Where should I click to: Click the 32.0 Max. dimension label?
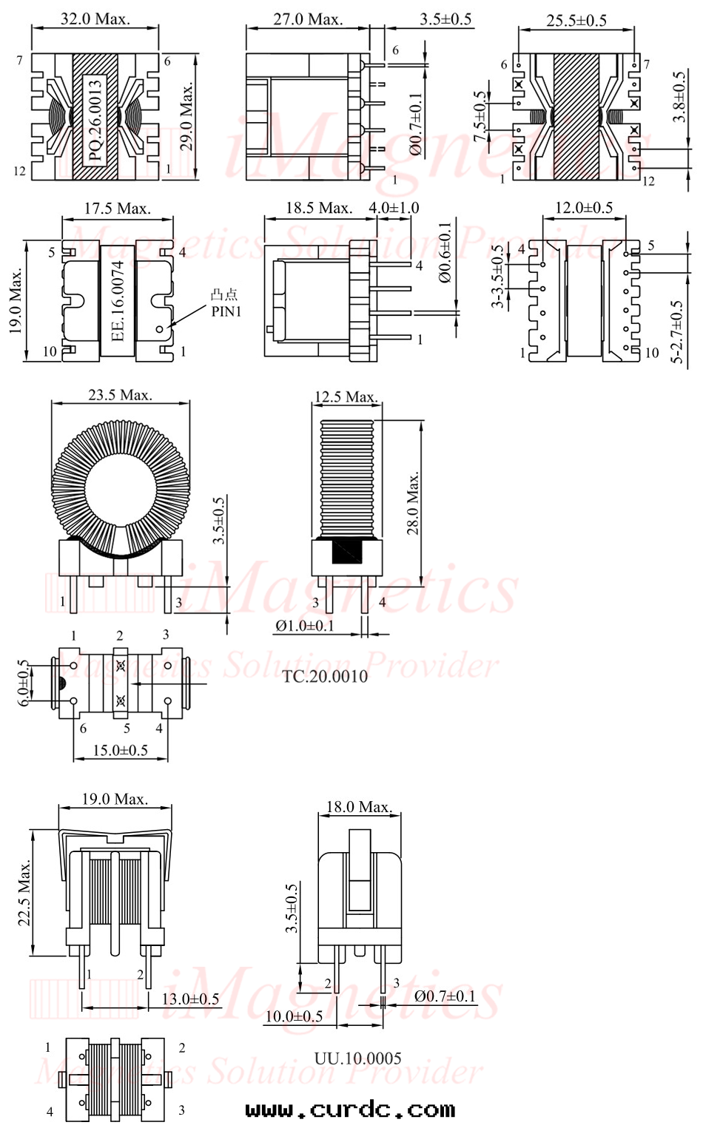pyautogui.click(x=95, y=19)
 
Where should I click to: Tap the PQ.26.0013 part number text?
pyautogui.click(x=95, y=120)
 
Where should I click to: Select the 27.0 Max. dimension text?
pyautogui.click(x=308, y=19)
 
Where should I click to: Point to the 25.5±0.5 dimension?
pyautogui.click(x=576, y=20)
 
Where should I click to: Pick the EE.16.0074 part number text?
pyautogui.click(x=118, y=301)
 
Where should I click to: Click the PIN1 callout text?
pyautogui.click(x=226, y=311)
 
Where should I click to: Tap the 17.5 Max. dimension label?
pyautogui.click(x=118, y=208)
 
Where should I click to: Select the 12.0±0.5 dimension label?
pyautogui.click(x=584, y=207)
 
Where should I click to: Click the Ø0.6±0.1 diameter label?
pyautogui.click(x=446, y=253)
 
